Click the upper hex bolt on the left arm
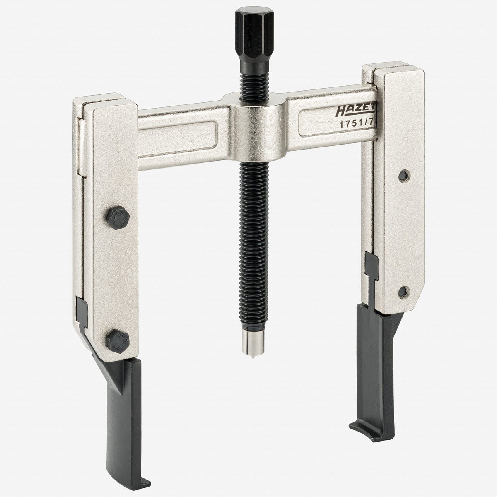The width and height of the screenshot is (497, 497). point(118,218)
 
